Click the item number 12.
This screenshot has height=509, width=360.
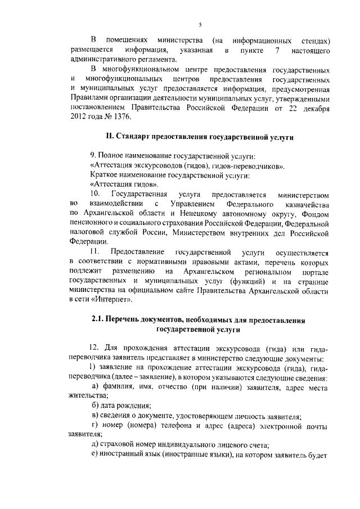pyautogui.click(x=94, y=349)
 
